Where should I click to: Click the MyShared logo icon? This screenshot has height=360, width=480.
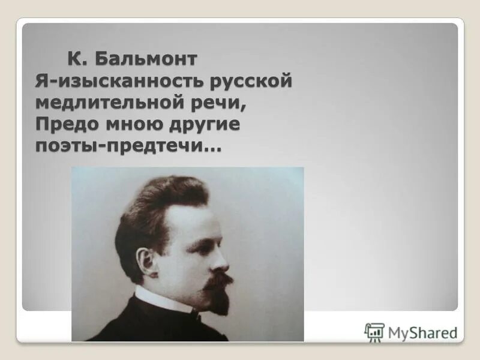374,331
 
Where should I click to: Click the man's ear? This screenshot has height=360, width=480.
146,261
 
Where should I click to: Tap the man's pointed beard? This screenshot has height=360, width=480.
220,303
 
